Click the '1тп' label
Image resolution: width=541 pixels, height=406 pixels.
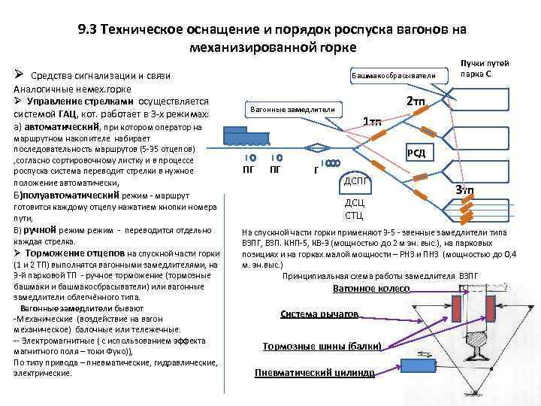click(372, 122)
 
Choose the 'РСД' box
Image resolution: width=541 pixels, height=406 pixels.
click(416, 153)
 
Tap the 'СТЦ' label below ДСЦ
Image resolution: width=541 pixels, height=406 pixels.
click(354, 216)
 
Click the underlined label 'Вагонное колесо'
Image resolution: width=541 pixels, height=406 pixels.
click(371, 289)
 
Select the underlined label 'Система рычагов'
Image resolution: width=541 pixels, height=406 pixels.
click(319, 315)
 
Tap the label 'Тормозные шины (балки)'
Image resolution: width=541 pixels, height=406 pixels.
click(322, 346)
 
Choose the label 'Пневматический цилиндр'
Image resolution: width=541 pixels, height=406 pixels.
click(314, 373)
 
